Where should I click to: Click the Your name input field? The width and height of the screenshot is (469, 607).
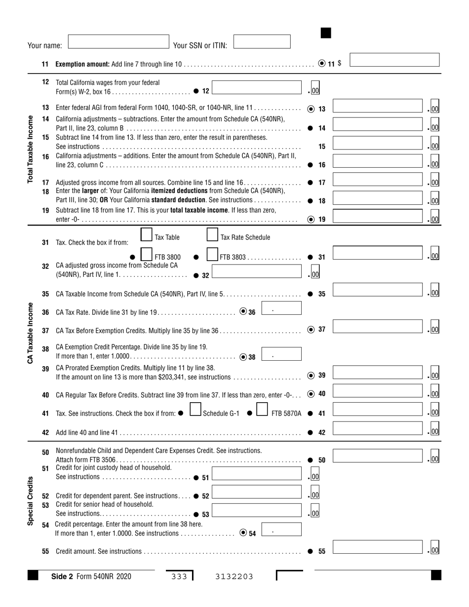pos(118,41)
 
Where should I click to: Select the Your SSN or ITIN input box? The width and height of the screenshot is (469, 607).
pos(262,41)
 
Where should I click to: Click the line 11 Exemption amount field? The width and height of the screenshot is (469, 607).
pos(394,60)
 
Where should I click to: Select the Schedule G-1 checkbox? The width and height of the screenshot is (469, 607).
pos(195,410)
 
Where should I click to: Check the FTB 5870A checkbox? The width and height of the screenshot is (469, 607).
pos(262,410)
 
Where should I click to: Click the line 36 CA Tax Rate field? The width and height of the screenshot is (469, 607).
pos(281,308)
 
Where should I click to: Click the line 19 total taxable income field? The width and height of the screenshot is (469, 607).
pos(378,216)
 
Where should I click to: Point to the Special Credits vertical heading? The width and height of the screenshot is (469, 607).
pos(31,501)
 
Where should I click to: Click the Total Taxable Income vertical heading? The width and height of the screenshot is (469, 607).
pos(31,149)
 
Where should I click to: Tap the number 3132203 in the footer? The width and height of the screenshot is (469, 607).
pos(234,576)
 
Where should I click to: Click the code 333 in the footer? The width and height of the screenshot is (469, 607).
pos(179,576)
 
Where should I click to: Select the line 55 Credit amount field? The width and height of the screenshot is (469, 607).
pos(378,547)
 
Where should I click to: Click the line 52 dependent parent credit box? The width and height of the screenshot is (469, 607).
pos(257,492)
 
